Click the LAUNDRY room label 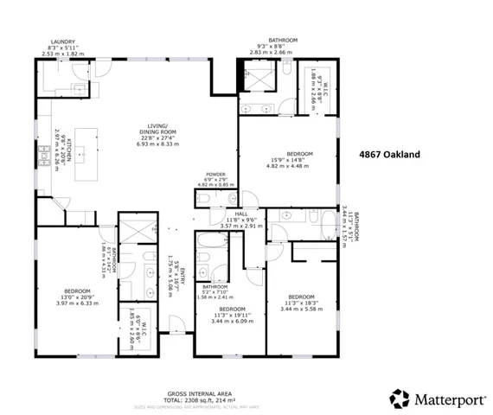click(63, 41)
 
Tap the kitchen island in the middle click(86, 155)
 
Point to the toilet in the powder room click(204, 198)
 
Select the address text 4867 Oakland click(389, 154)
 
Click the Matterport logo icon click(400, 399)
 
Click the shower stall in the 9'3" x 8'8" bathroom click(259, 79)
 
